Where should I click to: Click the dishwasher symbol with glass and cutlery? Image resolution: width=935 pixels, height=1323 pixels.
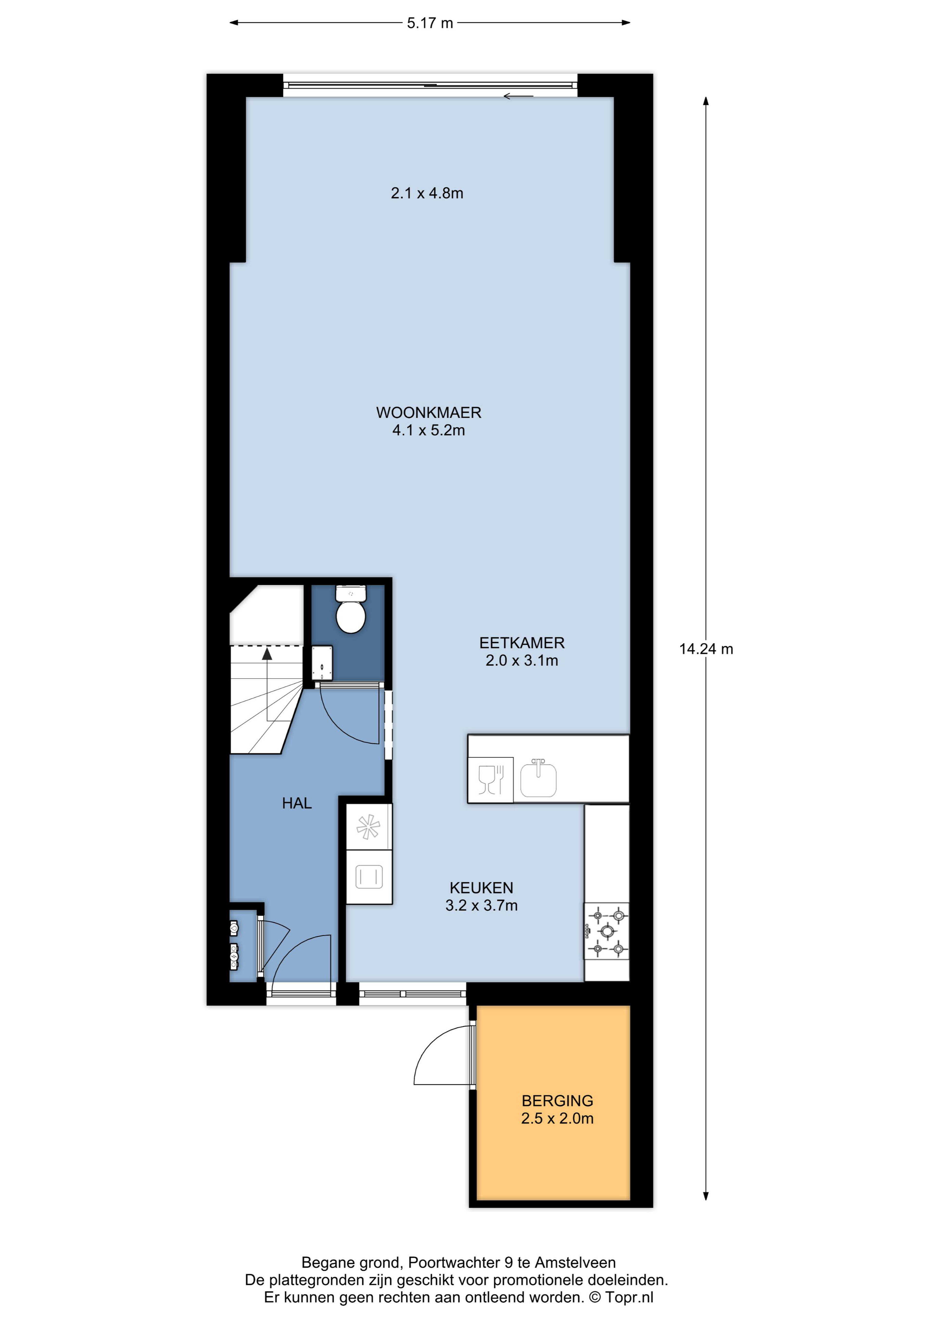[x=490, y=779]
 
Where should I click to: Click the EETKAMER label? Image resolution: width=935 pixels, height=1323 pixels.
[x=522, y=642]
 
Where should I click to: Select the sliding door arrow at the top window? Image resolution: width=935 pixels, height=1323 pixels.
[x=518, y=96]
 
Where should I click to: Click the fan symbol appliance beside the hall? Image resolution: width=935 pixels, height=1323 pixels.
[x=369, y=828]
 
